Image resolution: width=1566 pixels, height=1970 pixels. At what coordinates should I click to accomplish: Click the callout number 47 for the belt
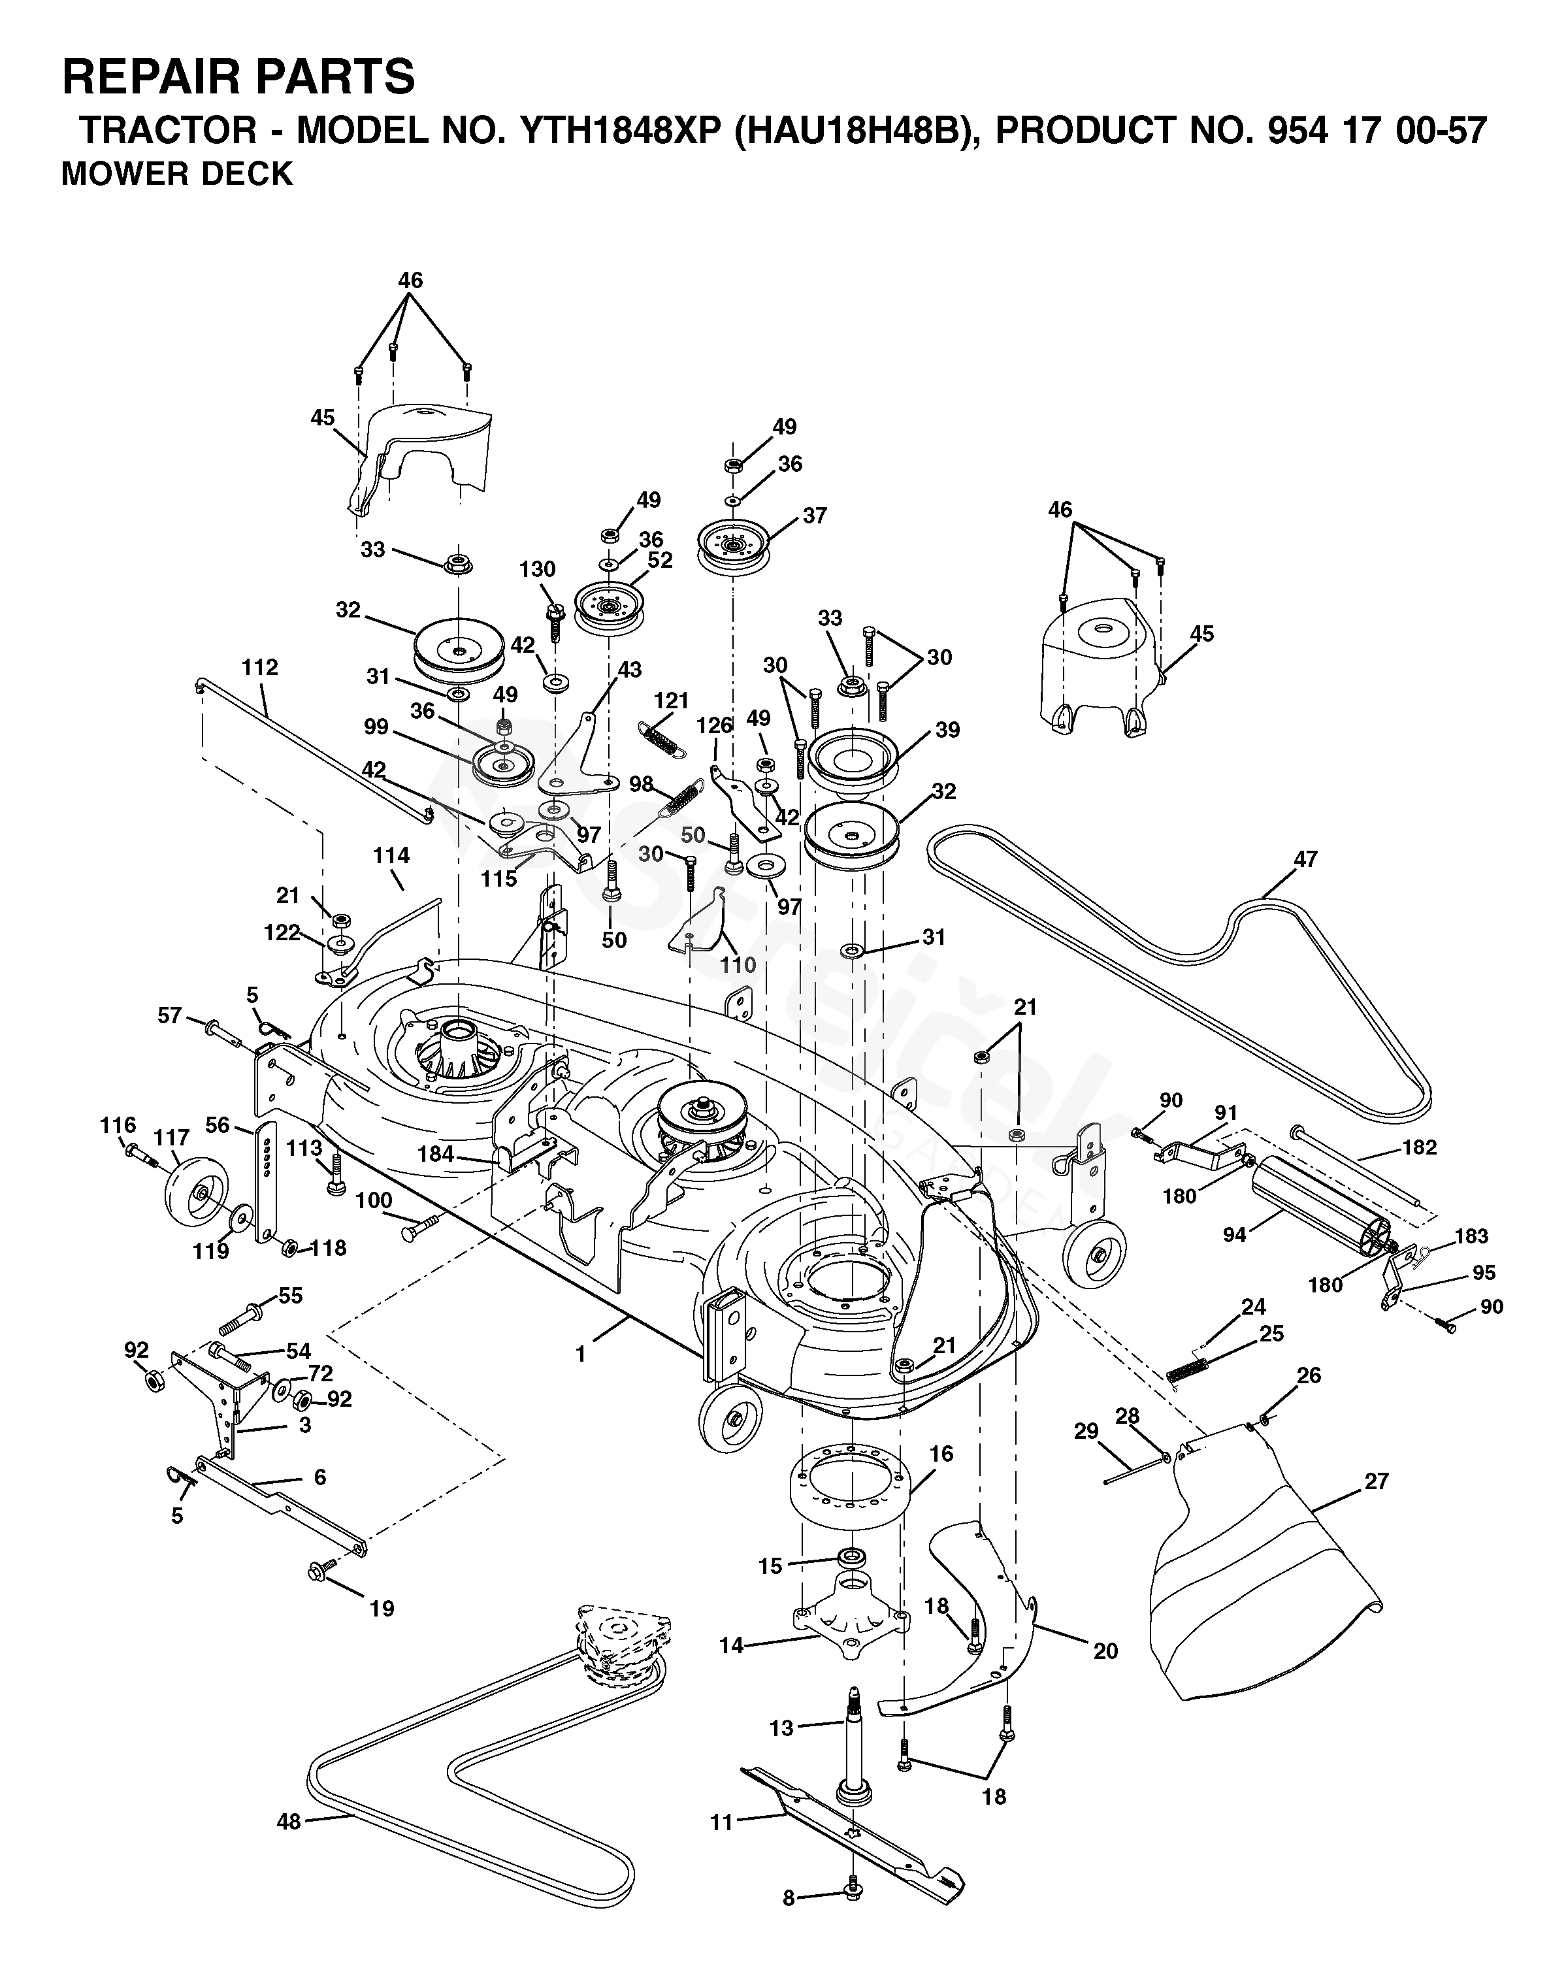coord(1305,859)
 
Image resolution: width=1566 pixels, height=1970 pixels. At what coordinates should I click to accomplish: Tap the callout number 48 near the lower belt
coord(289,1822)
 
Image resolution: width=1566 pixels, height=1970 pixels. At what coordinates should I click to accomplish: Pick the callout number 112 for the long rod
coord(261,667)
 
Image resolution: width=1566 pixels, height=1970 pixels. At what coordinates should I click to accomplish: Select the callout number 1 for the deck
coord(580,1354)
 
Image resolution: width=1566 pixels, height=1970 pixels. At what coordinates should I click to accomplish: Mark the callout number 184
coord(436,1154)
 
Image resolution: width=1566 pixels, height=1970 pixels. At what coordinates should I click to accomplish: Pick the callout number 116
coord(118,1125)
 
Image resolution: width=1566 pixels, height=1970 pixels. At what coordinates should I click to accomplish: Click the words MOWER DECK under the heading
coord(177,174)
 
